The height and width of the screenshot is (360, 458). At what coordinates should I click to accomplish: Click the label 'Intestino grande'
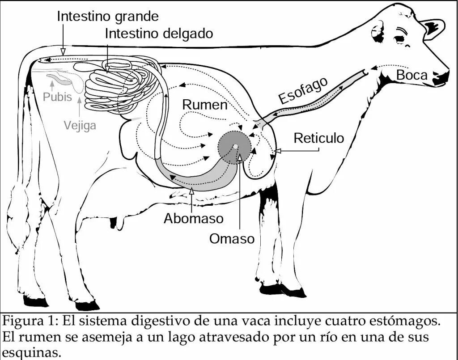pyautogui.click(x=108, y=17)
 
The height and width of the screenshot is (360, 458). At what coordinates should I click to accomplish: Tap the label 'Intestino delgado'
pyautogui.click(x=159, y=34)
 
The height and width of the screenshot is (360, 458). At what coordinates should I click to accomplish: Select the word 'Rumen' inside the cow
pyautogui.click(x=205, y=105)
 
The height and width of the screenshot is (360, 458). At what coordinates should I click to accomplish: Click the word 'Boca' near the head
pyautogui.click(x=412, y=75)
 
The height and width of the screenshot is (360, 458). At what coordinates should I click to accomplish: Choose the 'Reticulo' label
pyautogui.click(x=319, y=138)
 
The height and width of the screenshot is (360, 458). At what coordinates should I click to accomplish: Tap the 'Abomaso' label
pyautogui.click(x=193, y=218)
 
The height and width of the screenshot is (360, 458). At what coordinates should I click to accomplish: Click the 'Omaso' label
pyautogui.click(x=232, y=239)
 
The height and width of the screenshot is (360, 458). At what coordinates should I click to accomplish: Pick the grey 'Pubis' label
pyautogui.click(x=57, y=97)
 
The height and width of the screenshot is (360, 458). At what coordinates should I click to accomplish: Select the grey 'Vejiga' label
pyautogui.click(x=80, y=125)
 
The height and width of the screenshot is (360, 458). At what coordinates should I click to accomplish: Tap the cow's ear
pyautogui.click(x=433, y=28)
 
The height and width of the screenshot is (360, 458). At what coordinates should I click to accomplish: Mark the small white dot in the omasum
pyautogui.click(x=235, y=146)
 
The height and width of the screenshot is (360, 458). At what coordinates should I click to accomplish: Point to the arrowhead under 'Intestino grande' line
pyautogui.click(x=63, y=50)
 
